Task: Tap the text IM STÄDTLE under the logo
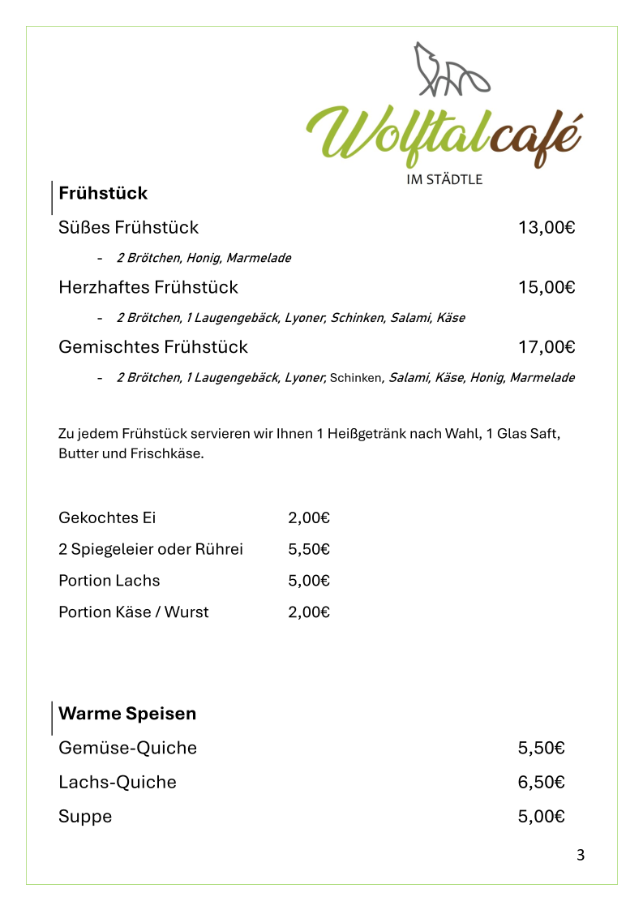tap(444, 179)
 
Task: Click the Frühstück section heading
tap(103, 193)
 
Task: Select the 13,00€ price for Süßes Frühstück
tap(547, 227)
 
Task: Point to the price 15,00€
tap(547, 287)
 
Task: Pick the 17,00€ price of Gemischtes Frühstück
tap(547, 347)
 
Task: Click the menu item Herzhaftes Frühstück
tap(148, 287)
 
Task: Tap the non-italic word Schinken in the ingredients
tap(355, 378)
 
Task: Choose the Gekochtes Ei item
tap(107, 517)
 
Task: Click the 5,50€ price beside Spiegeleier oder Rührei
tap(309, 549)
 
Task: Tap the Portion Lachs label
tap(109, 581)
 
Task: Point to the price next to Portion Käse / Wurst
tap(309, 612)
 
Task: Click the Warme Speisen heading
tap(127, 714)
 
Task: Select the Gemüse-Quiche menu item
tap(127, 748)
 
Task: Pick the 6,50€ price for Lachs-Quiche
tap(541, 782)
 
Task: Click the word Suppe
tap(85, 816)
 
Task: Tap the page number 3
tap(580, 855)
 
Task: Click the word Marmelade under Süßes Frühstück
tap(258, 258)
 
